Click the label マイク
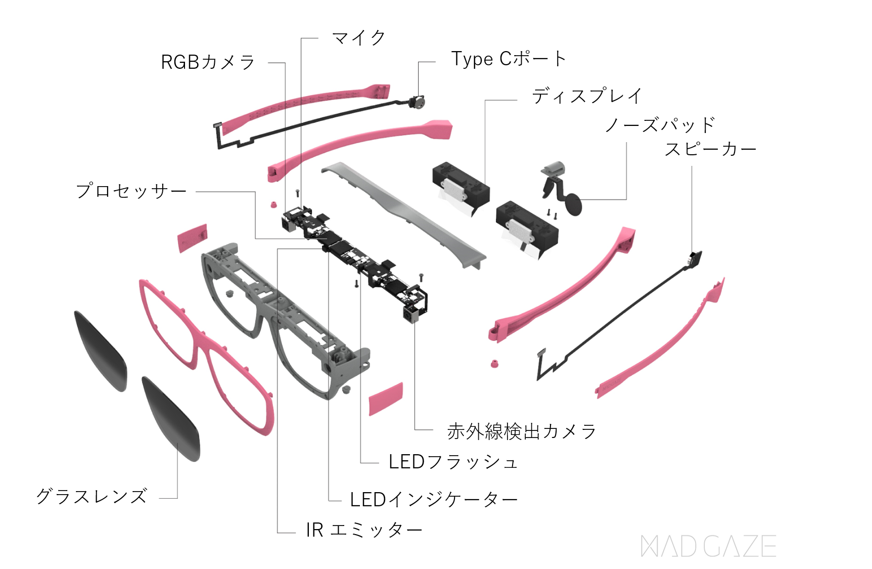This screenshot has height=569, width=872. point(358,38)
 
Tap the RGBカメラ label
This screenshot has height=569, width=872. point(208,62)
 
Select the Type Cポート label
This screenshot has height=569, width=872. point(508,59)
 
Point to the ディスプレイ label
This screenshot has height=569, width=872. point(587,96)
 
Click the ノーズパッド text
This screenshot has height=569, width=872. point(660,124)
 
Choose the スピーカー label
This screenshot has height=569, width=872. point(710,149)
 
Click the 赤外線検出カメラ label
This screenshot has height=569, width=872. point(521,431)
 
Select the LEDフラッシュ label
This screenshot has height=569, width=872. point(453,462)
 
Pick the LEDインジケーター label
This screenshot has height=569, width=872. point(434,500)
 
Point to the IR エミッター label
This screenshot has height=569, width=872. point(364,530)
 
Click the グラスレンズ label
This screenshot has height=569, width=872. point(91,496)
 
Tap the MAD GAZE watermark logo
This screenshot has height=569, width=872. point(708,546)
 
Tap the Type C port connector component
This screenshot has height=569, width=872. point(417,102)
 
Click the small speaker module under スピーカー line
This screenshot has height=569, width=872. point(696,258)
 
